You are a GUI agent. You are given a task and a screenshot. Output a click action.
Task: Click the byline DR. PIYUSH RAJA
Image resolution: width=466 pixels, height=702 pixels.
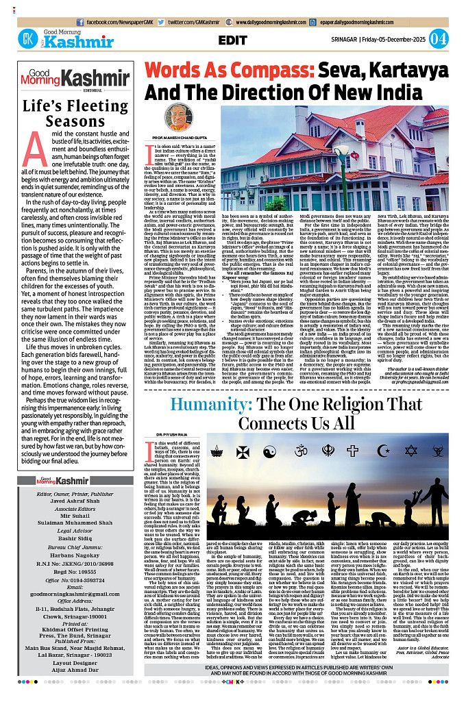(171, 435)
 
